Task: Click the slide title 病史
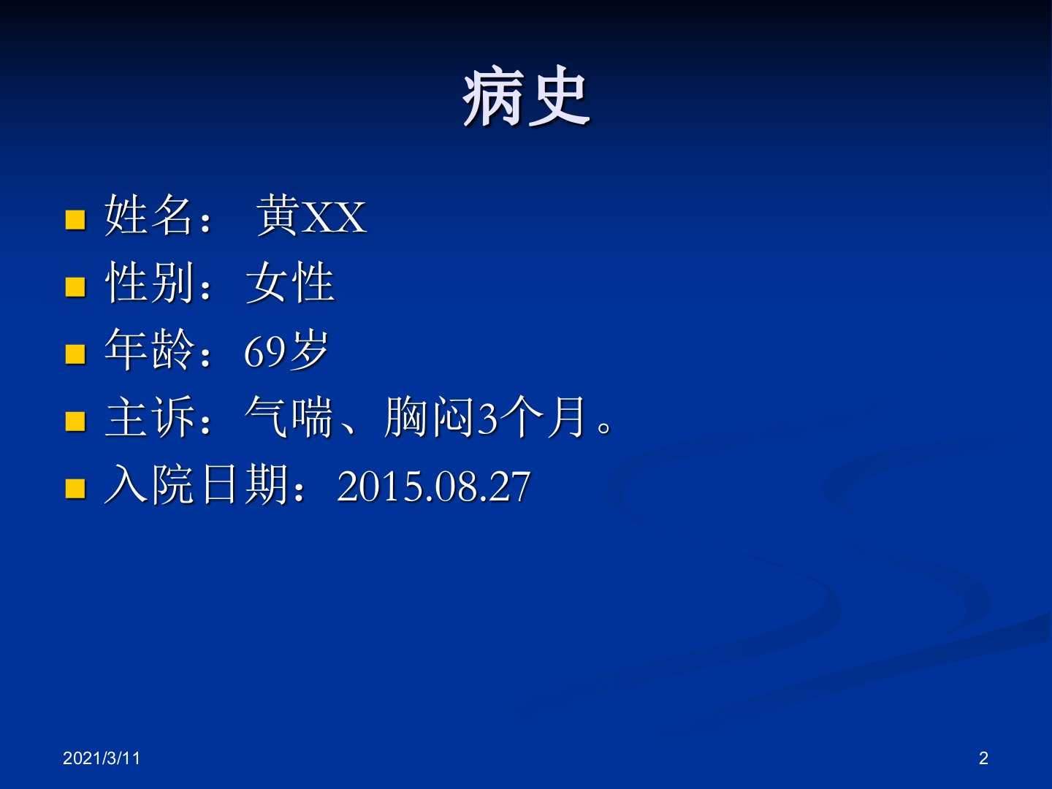point(525,96)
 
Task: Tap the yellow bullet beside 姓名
point(75,220)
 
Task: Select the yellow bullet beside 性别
point(75,287)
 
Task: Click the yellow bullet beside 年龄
point(75,354)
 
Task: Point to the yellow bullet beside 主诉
point(75,422)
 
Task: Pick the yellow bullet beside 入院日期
point(75,489)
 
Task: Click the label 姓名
point(148,215)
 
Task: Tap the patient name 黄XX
point(311,215)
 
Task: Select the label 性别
point(148,282)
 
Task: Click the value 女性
point(290,282)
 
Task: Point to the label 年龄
point(148,349)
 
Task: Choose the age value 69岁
point(286,350)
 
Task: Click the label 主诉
point(148,416)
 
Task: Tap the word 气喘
point(289,416)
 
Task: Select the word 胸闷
point(429,416)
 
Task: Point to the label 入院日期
point(196,484)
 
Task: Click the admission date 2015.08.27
point(434,487)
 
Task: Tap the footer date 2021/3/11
point(102,758)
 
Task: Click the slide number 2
point(983,758)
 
